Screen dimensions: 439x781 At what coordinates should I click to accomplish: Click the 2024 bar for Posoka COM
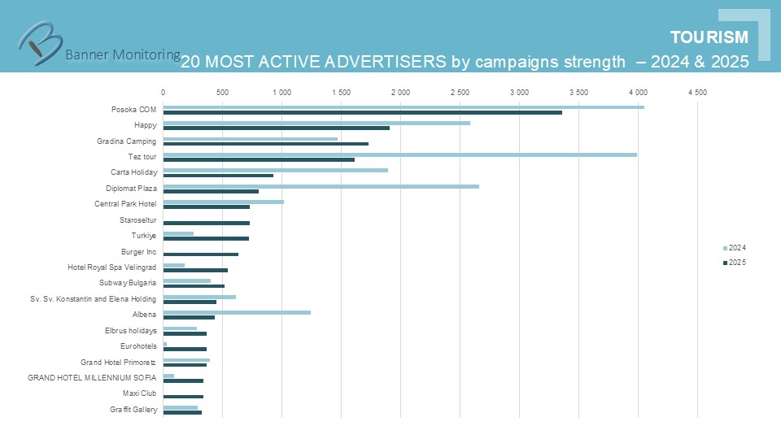tap(403, 106)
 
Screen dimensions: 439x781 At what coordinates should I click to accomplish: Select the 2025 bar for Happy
tap(276, 128)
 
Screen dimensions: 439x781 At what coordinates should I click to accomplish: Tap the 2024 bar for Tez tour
tap(399, 154)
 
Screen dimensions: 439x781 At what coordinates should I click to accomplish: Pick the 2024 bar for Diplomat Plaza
tap(321, 186)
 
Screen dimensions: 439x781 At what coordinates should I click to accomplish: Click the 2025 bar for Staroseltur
tap(206, 223)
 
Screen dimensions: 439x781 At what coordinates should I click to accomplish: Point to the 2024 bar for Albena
tap(237, 312)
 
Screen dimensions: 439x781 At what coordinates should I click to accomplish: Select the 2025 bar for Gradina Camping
tap(265, 144)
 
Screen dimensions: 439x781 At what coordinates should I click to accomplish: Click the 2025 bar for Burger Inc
tap(200, 254)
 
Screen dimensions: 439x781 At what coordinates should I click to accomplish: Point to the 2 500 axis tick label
tap(460, 93)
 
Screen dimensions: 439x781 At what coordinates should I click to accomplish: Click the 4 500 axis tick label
tap(697, 93)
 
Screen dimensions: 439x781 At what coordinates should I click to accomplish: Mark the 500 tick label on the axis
tap(222, 93)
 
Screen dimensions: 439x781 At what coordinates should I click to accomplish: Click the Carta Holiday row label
tap(133, 172)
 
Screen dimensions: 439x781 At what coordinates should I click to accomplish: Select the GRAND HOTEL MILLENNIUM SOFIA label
tap(92, 377)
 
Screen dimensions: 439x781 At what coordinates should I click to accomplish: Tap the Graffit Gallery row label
tap(133, 410)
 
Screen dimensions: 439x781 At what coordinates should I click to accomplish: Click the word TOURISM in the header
tap(709, 37)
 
